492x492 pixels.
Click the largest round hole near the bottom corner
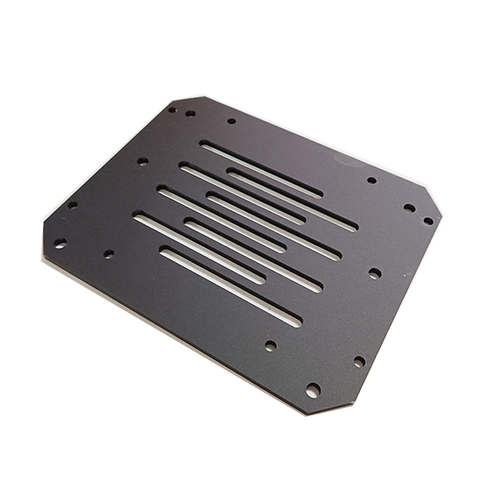coord(313,390)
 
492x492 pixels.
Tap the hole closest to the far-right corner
coord(428,220)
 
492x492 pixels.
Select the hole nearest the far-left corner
coord(60,244)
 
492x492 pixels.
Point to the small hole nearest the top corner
coord(172,110)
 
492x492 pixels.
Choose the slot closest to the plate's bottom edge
coord(231,286)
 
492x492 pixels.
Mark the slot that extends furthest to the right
coord(292,200)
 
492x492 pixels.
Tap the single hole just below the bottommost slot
coord(270,346)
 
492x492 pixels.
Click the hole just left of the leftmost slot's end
coord(109,253)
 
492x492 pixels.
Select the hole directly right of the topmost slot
coord(371,180)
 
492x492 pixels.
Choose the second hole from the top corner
coord(190,113)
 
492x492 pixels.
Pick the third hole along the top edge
coord(231,121)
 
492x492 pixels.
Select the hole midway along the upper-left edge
coord(142,161)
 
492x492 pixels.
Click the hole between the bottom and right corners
coord(359,362)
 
